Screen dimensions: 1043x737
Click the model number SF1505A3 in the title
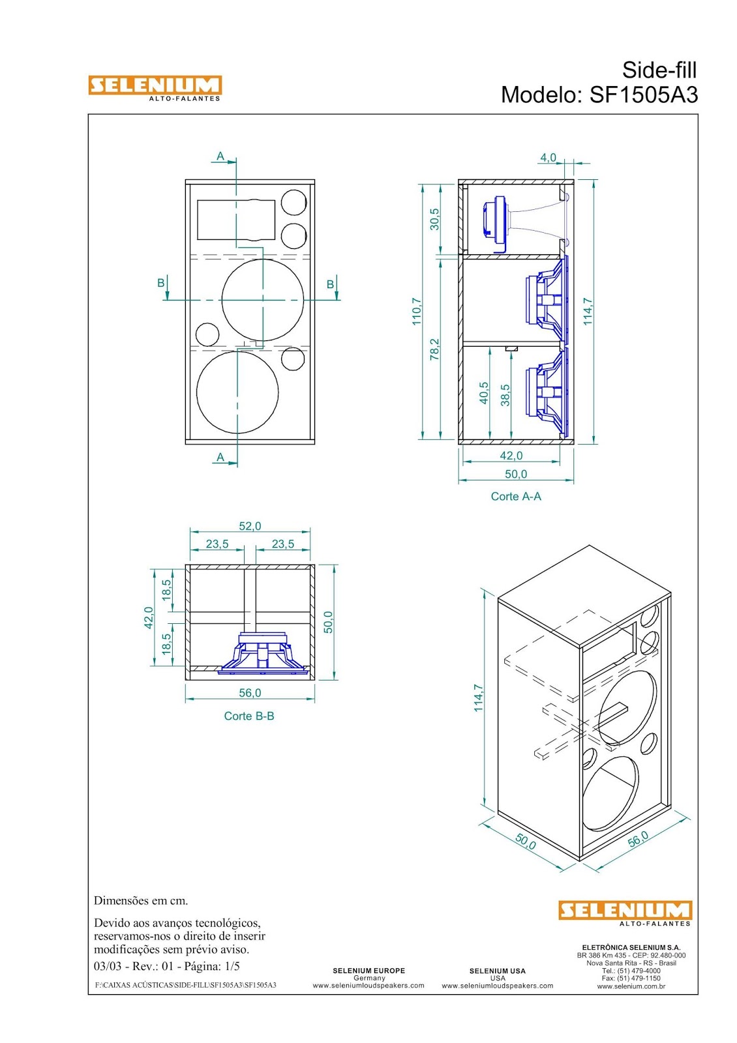click(x=643, y=95)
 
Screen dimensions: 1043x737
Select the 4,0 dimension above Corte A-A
click(x=548, y=158)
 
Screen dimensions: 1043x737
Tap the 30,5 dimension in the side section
click(x=434, y=219)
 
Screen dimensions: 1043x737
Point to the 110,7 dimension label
click(x=417, y=311)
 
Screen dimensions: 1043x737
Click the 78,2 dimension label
click(x=434, y=349)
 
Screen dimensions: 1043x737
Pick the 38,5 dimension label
click(x=505, y=395)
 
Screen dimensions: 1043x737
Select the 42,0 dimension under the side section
click(x=511, y=456)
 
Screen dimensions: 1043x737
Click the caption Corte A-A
click(x=516, y=497)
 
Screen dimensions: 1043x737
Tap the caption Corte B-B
click(x=249, y=716)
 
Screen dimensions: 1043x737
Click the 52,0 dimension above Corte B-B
click(x=250, y=526)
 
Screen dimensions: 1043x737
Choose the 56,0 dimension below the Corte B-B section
click(x=250, y=693)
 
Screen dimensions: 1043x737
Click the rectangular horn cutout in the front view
click(x=236, y=220)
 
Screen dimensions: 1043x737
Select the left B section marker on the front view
click(x=161, y=284)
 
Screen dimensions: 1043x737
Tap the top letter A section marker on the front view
click(x=220, y=156)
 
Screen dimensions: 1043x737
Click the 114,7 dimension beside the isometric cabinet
click(x=479, y=698)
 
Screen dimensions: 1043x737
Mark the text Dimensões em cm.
click(x=141, y=901)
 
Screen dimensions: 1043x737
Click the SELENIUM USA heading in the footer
click(x=497, y=971)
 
